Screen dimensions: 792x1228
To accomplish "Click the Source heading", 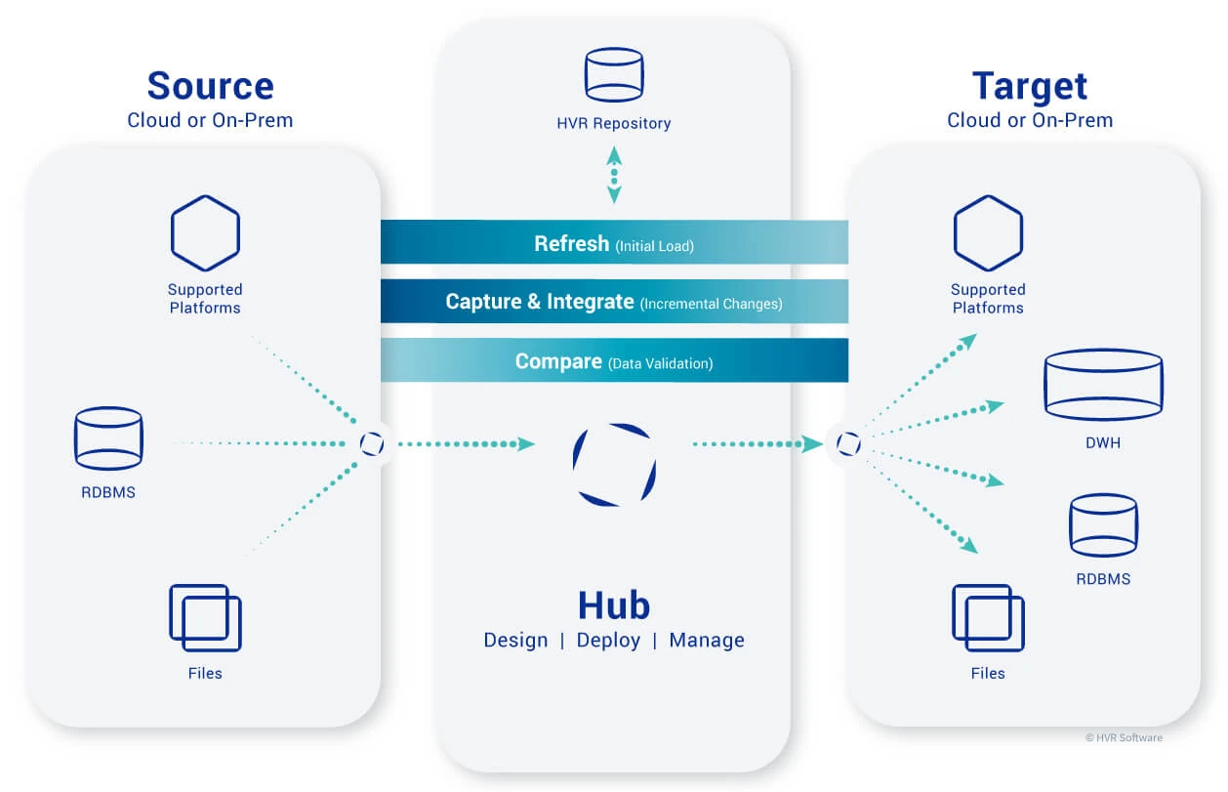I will (210, 86).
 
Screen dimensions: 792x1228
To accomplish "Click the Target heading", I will (1029, 86).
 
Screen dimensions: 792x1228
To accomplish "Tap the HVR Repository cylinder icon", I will (613, 75).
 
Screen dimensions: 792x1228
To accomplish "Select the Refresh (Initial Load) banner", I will (613, 243).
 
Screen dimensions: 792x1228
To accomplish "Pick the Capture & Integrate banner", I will (613, 302).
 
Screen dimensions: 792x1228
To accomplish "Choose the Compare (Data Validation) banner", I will (613, 361).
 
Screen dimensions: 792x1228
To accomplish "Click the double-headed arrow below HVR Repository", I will (613, 175).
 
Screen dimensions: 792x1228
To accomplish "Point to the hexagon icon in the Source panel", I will (205, 233).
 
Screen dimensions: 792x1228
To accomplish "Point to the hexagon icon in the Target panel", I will (988, 233).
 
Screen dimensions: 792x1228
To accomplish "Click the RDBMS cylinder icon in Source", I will (108, 438).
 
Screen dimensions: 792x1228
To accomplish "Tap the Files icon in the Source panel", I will (205, 618).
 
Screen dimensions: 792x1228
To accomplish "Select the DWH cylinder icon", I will (1103, 383).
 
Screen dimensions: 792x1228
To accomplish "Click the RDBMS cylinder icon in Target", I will (1103, 525).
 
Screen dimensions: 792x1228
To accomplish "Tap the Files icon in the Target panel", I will (988, 618).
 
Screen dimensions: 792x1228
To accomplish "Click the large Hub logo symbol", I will (613, 464).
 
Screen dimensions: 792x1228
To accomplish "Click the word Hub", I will (613, 605).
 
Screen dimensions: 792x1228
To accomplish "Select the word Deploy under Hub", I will (608, 641).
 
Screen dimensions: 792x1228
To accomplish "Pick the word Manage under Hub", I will (707, 641).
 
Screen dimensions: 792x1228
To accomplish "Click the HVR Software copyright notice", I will (1124, 738).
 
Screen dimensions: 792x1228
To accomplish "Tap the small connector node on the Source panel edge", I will (372, 444).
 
